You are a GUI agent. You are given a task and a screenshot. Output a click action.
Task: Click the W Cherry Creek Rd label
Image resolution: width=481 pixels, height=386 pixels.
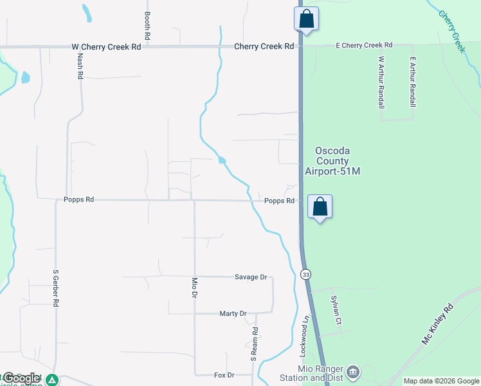pyautogui.click(x=106, y=46)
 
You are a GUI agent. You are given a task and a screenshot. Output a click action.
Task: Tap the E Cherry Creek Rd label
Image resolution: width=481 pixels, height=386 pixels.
pyautogui.click(x=364, y=45)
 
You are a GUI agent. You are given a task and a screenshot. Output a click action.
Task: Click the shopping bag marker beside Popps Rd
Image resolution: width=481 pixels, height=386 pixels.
pyautogui.click(x=320, y=207)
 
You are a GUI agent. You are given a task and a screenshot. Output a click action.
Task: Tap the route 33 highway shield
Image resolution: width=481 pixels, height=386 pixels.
pyautogui.click(x=306, y=274)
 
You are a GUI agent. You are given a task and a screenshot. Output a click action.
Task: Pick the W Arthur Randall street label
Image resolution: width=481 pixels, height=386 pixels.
pyautogui.click(x=381, y=82)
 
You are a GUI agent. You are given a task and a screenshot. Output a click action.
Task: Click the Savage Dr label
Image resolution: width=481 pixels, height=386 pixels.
pyautogui.click(x=251, y=277)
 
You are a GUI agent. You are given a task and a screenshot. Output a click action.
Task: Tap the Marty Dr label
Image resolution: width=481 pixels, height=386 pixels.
pyautogui.click(x=233, y=313)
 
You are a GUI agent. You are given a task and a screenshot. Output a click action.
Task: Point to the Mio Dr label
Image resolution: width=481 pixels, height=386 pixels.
pyautogui.click(x=194, y=288)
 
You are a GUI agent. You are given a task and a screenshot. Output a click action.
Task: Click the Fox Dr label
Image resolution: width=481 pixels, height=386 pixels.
pyautogui.click(x=224, y=374)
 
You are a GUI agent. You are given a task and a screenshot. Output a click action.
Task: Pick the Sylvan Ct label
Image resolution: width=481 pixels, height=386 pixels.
pyautogui.click(x=335, y=309)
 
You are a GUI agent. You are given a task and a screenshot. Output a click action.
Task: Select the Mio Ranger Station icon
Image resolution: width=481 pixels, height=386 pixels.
pyautogui.click(x=352, y=372)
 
